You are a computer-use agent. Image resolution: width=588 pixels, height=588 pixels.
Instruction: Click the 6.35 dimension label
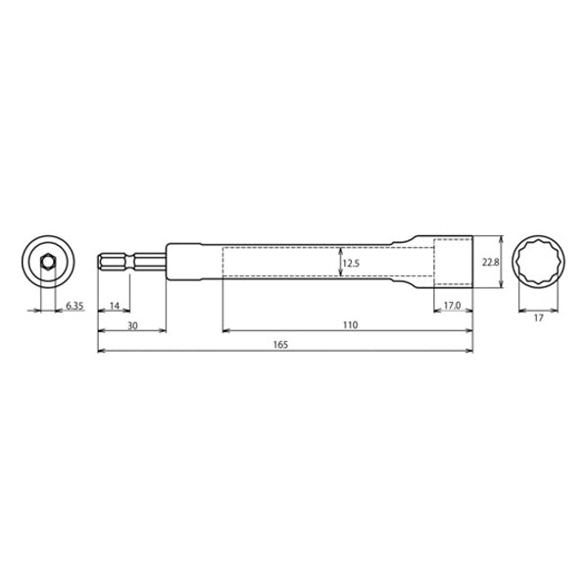[75, 307]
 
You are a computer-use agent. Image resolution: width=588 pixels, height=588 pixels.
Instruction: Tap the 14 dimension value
[115, 307]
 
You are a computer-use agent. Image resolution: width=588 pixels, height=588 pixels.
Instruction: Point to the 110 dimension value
[349, 324]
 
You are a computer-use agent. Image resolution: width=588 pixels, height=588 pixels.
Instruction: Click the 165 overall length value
[285, 346]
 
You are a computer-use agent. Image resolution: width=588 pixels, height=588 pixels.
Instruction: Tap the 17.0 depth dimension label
[452, 307]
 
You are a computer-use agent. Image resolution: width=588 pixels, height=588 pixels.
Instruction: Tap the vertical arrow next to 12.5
[339, 262]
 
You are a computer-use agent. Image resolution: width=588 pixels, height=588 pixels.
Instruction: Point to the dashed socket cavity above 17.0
[452, 263]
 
